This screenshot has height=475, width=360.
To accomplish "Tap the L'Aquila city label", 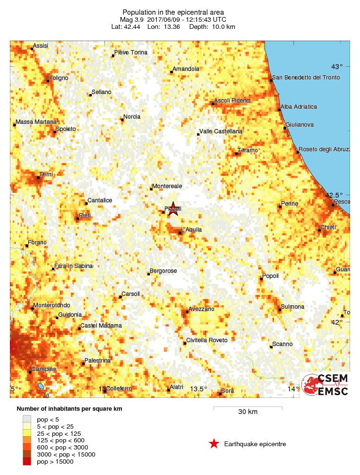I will click(x=191, y=230).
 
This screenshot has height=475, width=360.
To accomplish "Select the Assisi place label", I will click(x=40, y=46).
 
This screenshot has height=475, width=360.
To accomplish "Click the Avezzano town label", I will click(x=201, y=309).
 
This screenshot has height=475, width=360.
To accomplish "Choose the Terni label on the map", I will click(x=46, y=175).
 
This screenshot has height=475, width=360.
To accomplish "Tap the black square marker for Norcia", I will click(x=122, y=120).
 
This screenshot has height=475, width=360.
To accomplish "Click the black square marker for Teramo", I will click(x=236, y=154).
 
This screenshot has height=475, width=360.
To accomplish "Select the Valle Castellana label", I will click(x=221, y=131).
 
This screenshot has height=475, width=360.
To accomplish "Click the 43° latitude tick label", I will click(x=336, y=66).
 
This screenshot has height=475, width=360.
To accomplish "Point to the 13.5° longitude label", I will click(x=199, y=389).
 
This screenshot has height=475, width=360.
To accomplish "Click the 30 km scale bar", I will click(x=248, y=407).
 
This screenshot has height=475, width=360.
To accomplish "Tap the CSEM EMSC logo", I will click(x=326, y=384).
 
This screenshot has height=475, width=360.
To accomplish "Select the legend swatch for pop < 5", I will click(x=27, y=419).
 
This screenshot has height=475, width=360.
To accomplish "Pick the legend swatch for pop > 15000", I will click(x=27, y=461).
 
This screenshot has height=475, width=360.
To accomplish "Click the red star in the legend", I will click(x=214, y=444).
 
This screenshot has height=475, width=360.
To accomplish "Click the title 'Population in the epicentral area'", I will click(x=173, y=12).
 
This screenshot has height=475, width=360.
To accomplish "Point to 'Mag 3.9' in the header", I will click(x=131, y=19).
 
